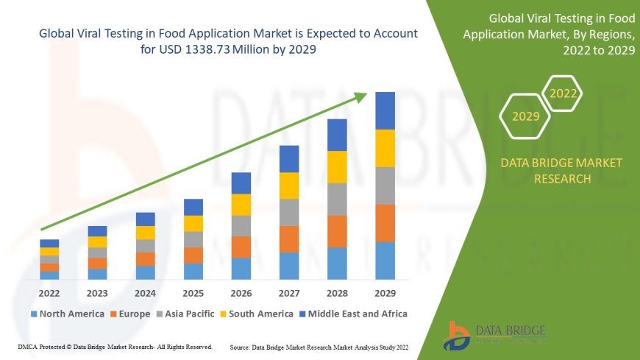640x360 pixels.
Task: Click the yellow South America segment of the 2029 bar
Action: point(385,148)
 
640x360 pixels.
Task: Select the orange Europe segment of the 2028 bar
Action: point(337,231)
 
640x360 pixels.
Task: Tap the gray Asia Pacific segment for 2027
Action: point(289,212)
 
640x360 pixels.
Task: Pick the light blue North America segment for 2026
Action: point(241,268)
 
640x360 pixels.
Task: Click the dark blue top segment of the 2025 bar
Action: point(193,207)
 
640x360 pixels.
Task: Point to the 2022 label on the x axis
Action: point(49,293)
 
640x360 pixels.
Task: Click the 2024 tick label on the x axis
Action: point(145,293)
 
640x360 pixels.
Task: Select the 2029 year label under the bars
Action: point(385,293)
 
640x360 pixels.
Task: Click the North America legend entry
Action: point(67,314)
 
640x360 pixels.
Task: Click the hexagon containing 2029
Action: point(524,116)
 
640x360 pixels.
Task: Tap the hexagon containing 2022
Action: point(563,93)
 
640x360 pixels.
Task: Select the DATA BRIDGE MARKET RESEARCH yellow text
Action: point(561,170)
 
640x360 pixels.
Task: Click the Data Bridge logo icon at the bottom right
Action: point(458,335)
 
